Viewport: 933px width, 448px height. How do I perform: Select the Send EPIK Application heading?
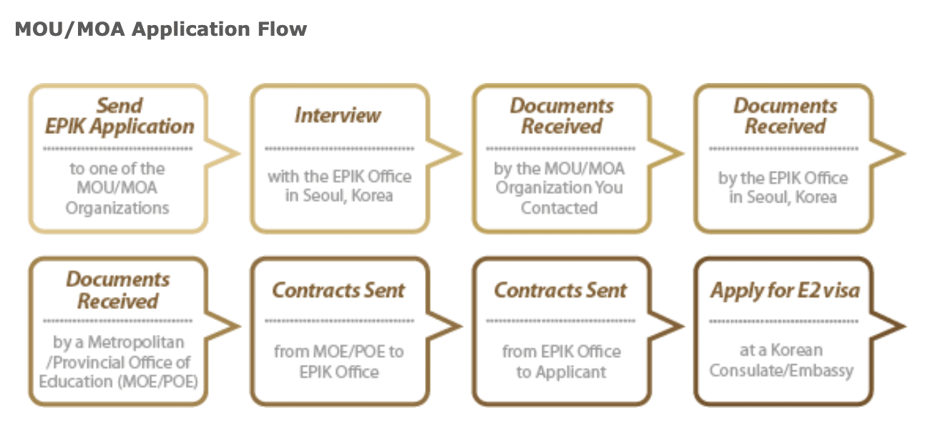[x=119, y=116]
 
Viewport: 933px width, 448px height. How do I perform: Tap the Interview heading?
[x=338, y=115]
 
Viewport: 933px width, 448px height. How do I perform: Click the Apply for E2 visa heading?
[x=785, y=291]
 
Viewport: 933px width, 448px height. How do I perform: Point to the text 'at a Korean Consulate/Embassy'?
[x=781, y=361]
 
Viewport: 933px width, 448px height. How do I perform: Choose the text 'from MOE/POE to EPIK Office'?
[x=338, y=361]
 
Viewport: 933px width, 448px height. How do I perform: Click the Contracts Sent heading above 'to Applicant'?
[x=560, y=291]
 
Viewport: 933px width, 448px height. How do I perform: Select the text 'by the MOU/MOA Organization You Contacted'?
[x=560, y=188]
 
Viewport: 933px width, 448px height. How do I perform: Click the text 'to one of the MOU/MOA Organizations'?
[x=117, y=188]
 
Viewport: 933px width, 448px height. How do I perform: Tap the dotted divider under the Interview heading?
[x=338, y=149]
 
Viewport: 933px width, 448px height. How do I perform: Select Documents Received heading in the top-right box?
[x=785, y=116]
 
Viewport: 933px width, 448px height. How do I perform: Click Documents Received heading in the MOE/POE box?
[x=118, y=290]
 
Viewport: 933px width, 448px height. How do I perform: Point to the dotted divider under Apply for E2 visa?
[x=783, y=321]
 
